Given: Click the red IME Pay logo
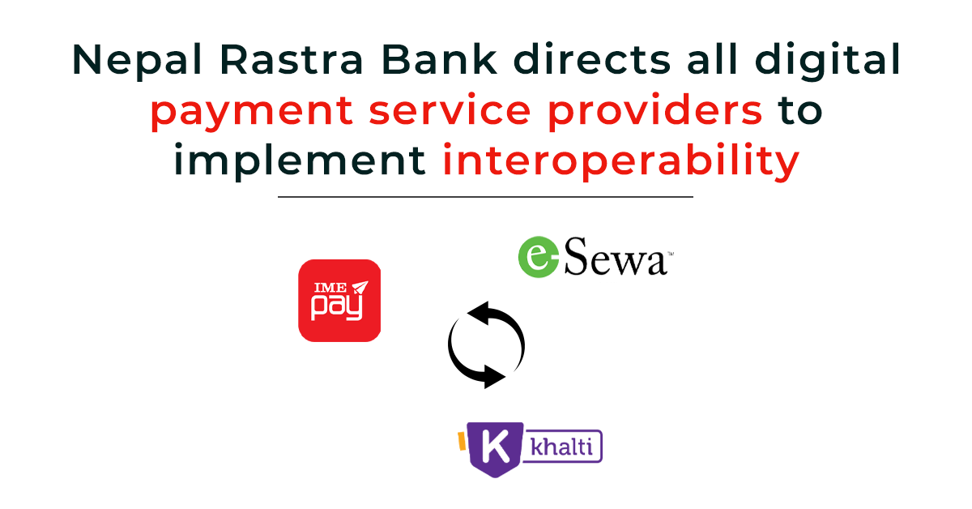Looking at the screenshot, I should pos(339,301).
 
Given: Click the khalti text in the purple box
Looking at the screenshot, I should pos(562,447).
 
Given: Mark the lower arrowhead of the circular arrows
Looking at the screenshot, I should pos(492,374).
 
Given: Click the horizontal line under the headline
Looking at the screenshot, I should pos(485,196).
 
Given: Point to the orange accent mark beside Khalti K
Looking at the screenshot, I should pos(463,440).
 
